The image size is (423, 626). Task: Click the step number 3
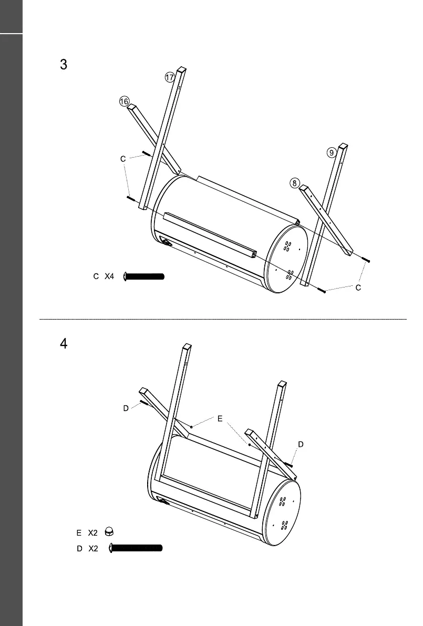pyautogui.click(x=64, y=65)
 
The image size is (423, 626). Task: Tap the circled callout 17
pyautogui.click(x=170, y=77)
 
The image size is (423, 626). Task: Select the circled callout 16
pyautogui.click(x=124, y=102)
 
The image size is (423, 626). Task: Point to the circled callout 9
pyautogui.click(x=331, y=152)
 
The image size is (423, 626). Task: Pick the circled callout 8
pyautogui.click(x=295, y=183)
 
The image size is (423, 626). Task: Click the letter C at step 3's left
pyautogui.click(x=122, y=158)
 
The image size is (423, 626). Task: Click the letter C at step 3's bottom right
pyautogui.click(x=358, y=288)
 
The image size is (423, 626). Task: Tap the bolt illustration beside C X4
pyautogui.click(x=144, y=276)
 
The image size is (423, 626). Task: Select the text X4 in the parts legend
pyautogui.click(x=109, y=276)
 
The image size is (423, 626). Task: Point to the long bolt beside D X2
pyautogui.click(x=136, y=548)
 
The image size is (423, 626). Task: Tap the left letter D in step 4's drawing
pyautogui.click(x=126, y=408)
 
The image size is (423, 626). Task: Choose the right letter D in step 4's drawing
pyautogui.click(x=301, y=444)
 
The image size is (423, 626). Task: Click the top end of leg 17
pyautogui.click(x=181, y=69)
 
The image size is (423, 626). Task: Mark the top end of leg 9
pyautogui.click(x=343, y=146)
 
